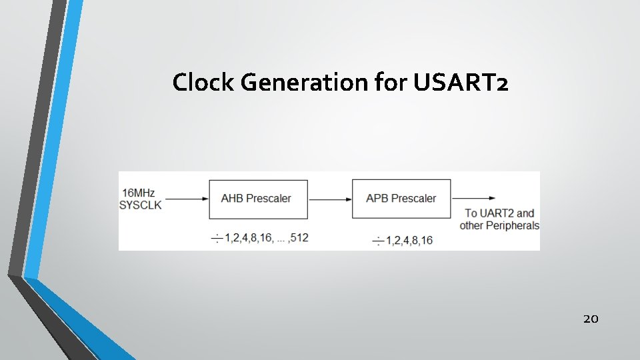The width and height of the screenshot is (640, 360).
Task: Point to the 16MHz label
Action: click(x=137, y=193)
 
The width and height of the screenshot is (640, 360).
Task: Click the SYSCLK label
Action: click(x=140, y=205)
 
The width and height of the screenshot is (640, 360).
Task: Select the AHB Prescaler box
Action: click(x=258, y=199)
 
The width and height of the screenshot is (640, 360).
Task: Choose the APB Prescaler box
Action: click(x=401, y=198)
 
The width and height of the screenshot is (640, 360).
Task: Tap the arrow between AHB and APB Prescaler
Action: click(x=329, y=198)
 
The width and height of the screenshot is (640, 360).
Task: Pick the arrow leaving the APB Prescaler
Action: click(x=473, y=198)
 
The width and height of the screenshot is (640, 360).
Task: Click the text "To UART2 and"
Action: click(x=499, y=213)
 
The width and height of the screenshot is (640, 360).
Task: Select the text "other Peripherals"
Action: click(x=499, y=225)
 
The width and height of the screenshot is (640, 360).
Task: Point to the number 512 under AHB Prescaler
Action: click(x=299, y=237)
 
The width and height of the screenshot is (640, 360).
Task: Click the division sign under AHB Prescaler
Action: click(x=216, y=238)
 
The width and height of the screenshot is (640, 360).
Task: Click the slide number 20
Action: click(x=591, y=319)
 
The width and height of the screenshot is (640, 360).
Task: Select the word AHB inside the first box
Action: click(x=233, y=199)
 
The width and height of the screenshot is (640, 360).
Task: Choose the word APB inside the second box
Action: click(x=377, y=198)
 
